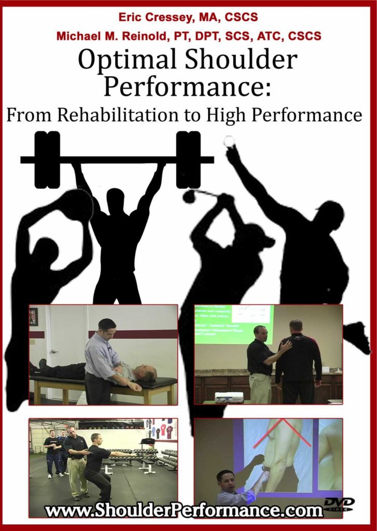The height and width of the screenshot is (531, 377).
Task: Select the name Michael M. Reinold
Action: pyautogui.click(x=105, y=36)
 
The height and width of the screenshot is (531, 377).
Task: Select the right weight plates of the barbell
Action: pyautogui.click(x=188, y=159)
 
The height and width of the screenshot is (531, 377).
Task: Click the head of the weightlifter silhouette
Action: pyautogui.click(x=115, y=199)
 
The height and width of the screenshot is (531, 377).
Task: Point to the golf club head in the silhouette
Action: pyautogui.click(x=189, y=196)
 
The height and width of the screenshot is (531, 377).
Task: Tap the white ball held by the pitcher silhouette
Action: pyautogui.click(x=229, y=140)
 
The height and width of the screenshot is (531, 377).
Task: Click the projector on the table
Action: pyautogui.click(x=229, y=397)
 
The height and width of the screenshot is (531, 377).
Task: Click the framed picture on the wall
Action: pyautogui.click(x=33, y=316)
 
